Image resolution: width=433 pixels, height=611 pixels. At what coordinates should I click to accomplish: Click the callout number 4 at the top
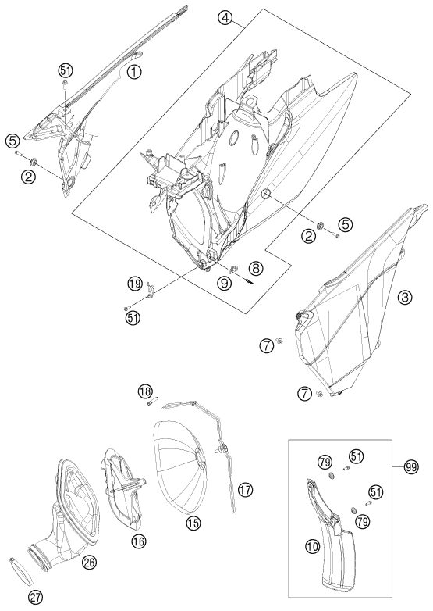(225, 18)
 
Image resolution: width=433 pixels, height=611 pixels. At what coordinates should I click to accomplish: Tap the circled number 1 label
(134, 72)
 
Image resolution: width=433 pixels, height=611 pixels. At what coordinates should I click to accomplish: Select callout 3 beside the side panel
(405, 298)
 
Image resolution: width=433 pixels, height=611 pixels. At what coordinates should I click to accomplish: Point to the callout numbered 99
(411, 467)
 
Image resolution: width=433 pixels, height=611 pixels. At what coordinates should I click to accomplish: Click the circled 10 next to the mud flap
(312, 547)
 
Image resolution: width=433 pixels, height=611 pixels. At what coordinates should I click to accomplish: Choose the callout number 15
(193, 523)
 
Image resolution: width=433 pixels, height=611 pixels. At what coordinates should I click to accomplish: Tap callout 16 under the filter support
(139, 541)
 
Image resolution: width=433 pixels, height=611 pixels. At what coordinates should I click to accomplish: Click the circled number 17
(245, 489)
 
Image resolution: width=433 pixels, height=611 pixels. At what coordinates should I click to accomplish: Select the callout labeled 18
(145, 391)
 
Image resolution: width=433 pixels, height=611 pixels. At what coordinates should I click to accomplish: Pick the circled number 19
(135, 284)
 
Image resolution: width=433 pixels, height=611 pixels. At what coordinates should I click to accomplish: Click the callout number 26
(89, 562)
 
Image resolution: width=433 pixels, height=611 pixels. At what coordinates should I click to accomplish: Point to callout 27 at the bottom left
(35, 597)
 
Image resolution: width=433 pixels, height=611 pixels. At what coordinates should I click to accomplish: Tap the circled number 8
(256, 268)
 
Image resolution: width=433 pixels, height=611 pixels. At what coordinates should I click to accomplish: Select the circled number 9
(224, 284)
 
